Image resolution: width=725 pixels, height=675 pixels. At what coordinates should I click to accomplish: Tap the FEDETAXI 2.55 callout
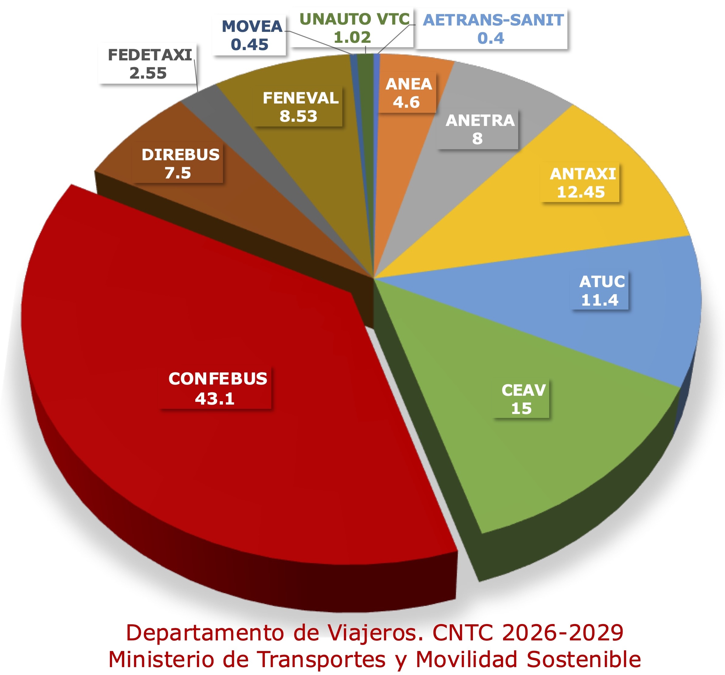(149, 64)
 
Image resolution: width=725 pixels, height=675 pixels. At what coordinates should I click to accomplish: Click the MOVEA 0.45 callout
(251, 35)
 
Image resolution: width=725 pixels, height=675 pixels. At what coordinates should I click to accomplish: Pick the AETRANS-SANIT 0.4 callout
(493, 29)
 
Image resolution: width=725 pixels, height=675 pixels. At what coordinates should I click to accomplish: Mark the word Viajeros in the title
(368, 633)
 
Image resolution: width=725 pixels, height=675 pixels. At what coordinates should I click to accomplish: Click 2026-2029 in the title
(563, 633)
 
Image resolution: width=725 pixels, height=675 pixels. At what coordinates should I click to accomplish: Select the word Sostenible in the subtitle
(583, 659)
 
